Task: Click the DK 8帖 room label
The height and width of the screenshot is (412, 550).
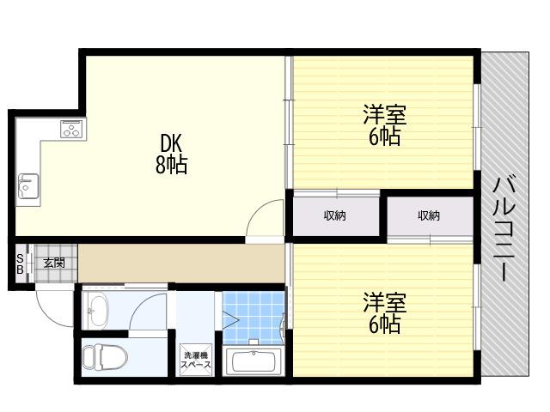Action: point(172,154)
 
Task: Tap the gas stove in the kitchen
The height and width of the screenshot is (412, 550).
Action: point(73,129)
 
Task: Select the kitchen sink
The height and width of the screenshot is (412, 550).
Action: point(28,186)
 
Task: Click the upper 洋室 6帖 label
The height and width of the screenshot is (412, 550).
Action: point(384,125)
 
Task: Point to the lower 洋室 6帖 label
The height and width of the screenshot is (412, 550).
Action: point(384,312)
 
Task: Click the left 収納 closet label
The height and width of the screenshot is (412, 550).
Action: point(334,215)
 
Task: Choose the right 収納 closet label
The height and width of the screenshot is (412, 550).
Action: point(429,215)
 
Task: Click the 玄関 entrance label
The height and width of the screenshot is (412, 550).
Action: point(54,263)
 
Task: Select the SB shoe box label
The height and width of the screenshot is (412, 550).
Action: point(20,264)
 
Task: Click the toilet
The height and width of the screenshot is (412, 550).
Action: point(105,357)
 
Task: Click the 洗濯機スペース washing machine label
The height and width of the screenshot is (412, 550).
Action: point(196,360)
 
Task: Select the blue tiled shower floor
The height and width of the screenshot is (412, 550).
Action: point(254,318)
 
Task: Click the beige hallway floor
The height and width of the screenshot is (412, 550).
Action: point(181,264)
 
